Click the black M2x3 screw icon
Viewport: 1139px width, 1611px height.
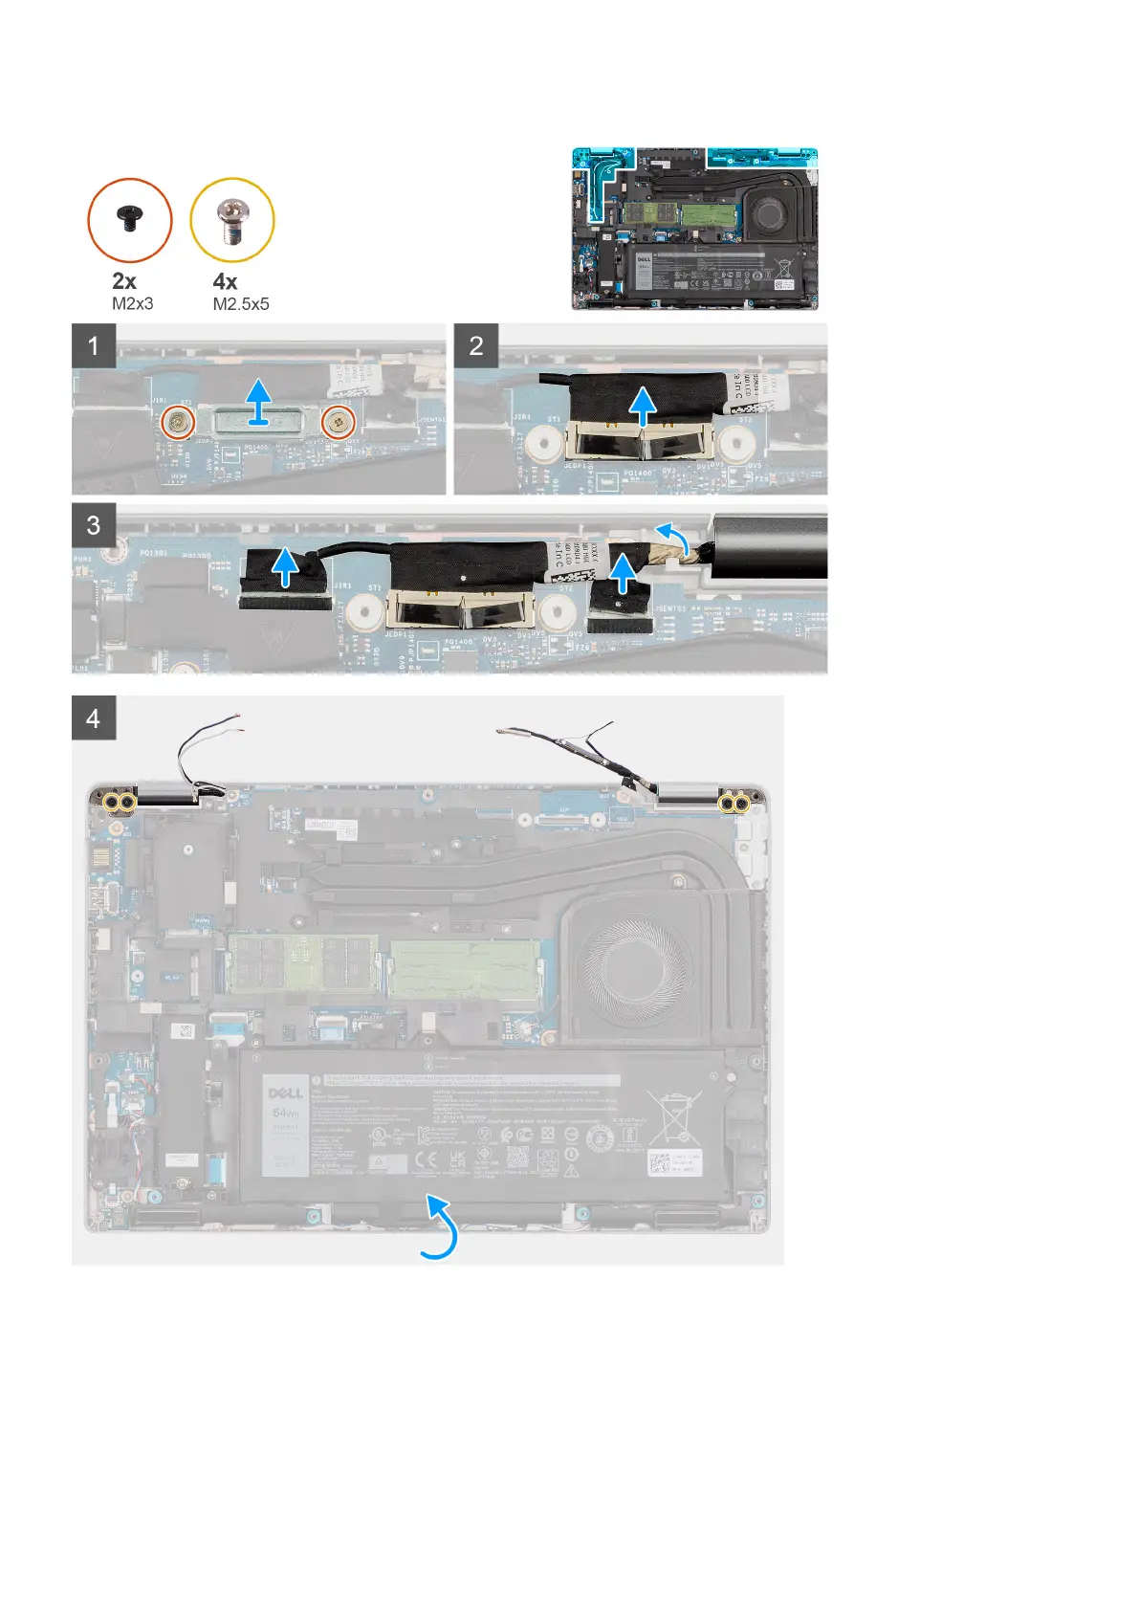129,220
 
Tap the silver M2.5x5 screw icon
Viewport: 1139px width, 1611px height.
231,221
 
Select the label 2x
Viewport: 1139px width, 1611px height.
124,281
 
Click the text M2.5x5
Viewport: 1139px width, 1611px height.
241,304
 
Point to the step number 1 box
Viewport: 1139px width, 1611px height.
94,345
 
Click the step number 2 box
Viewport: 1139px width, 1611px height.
476,345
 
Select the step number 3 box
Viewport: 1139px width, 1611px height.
94,525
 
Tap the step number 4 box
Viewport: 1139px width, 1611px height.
94,717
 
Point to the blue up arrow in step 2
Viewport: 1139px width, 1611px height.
644,405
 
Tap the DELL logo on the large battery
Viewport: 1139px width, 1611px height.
286,1092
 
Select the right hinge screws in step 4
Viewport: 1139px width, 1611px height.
734,804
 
